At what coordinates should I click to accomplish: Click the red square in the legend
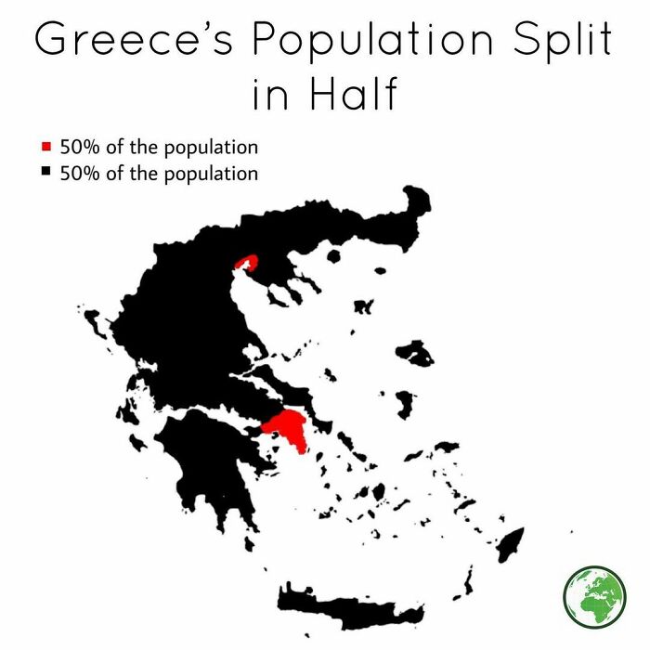click(46, 147)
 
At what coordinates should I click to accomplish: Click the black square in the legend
click(46, 173)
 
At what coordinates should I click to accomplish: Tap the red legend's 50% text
click(78, 147)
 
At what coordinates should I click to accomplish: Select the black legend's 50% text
click(78, 174)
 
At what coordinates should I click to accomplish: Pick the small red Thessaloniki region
click(246, 263)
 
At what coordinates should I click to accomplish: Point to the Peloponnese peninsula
click(200, 464)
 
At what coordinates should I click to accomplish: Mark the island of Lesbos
click(414, 353)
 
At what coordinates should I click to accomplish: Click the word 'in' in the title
click(270, 95)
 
